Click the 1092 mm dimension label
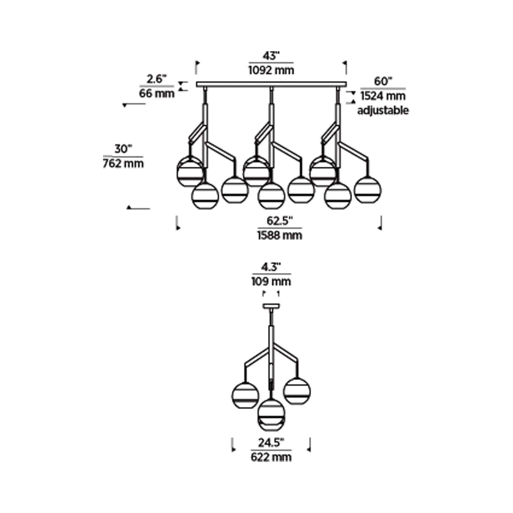click(x=271, y=70)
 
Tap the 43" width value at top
click(x=271, y=56)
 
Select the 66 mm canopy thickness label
click(x=157, y=93)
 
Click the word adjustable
click(x=383, y=111)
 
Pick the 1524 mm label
click(x=383, y=96)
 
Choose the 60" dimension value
click(x=383, y=81)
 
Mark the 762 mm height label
click(x=123, y=163)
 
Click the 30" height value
click(x=123, y=149)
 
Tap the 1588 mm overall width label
click(x=280, y=235)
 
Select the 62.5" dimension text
click(x=280, y=221)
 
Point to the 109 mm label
click(x=271, y=281)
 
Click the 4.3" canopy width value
click(x=271, y=267)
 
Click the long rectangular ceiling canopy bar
click(x=271, y=84)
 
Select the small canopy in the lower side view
click(x=271, y=306)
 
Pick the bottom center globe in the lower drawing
click(x=271, y=415)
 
